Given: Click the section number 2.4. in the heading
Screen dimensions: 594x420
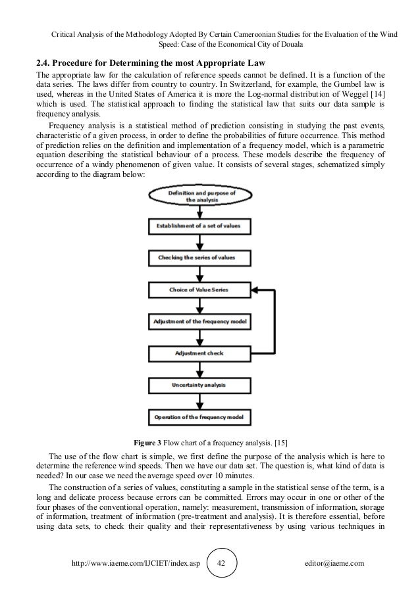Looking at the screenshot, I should pyautogui.click(x=46, y=64).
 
